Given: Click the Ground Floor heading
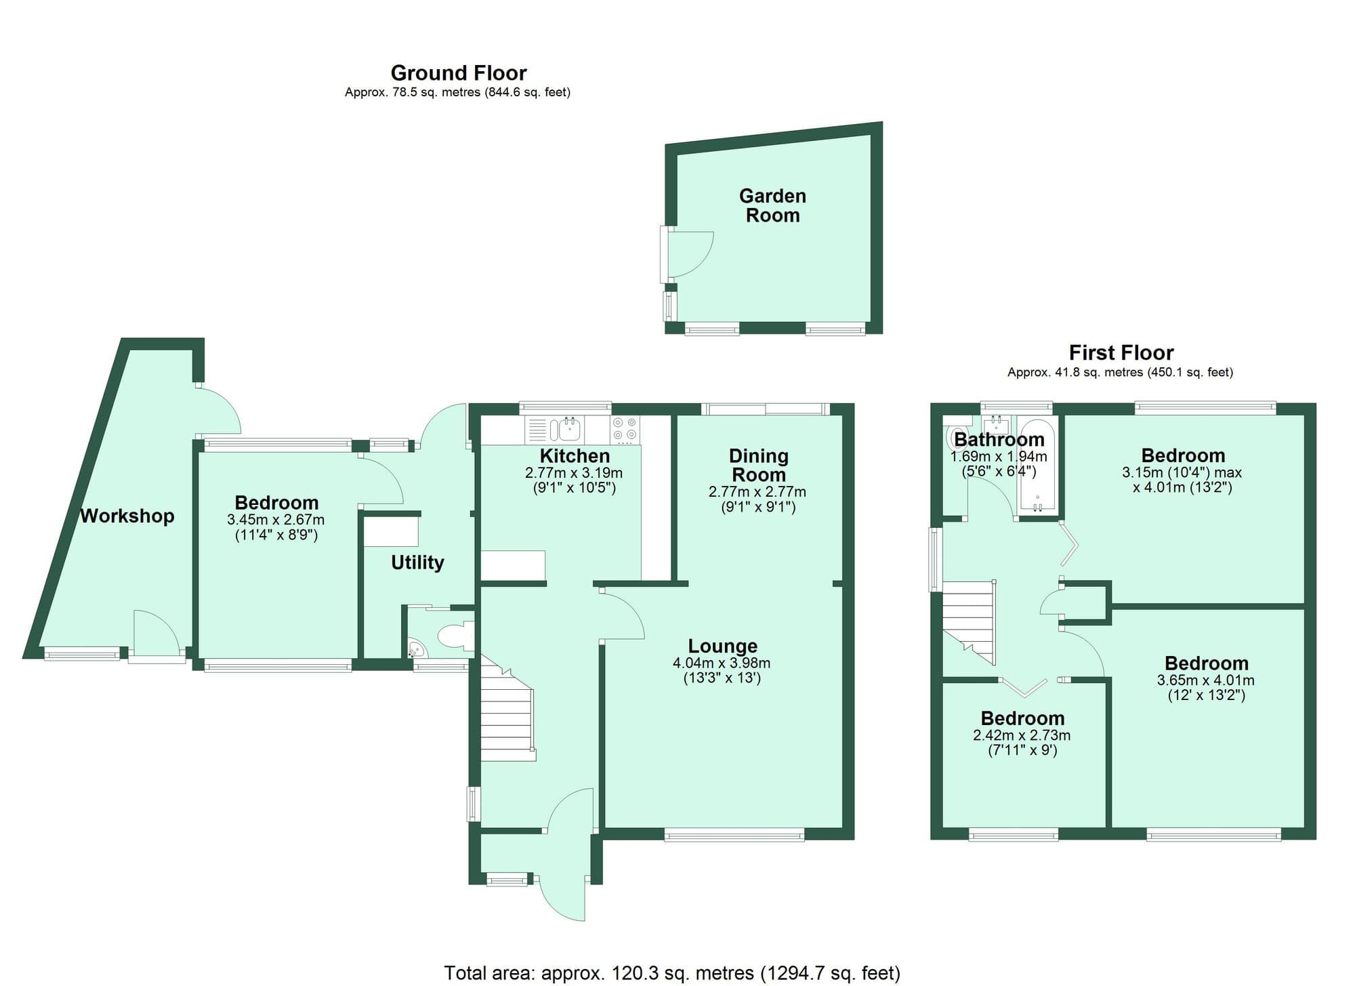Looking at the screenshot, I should (458, 73).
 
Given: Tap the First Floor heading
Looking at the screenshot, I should (1121, 352).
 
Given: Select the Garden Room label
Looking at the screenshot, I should (772, 205).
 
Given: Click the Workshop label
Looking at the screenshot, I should (127, 516).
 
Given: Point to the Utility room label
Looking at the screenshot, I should (417, 562).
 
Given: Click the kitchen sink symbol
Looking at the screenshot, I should (570, 429).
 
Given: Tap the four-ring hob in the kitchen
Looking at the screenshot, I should (625, 429).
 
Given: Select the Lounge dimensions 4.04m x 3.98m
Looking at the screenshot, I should (721, 663).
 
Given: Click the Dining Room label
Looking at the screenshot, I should (758, 465).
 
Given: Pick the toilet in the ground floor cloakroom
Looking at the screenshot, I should (455, 636).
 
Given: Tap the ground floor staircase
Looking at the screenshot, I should (506, 718).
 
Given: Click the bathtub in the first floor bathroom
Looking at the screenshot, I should (1037, 468).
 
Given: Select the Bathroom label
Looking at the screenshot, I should (999, 439).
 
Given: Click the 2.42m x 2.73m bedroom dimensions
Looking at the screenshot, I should (1022, 735).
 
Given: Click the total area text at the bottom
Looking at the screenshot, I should (671, 973).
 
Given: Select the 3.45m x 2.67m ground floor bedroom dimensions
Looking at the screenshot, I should (276, 520).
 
